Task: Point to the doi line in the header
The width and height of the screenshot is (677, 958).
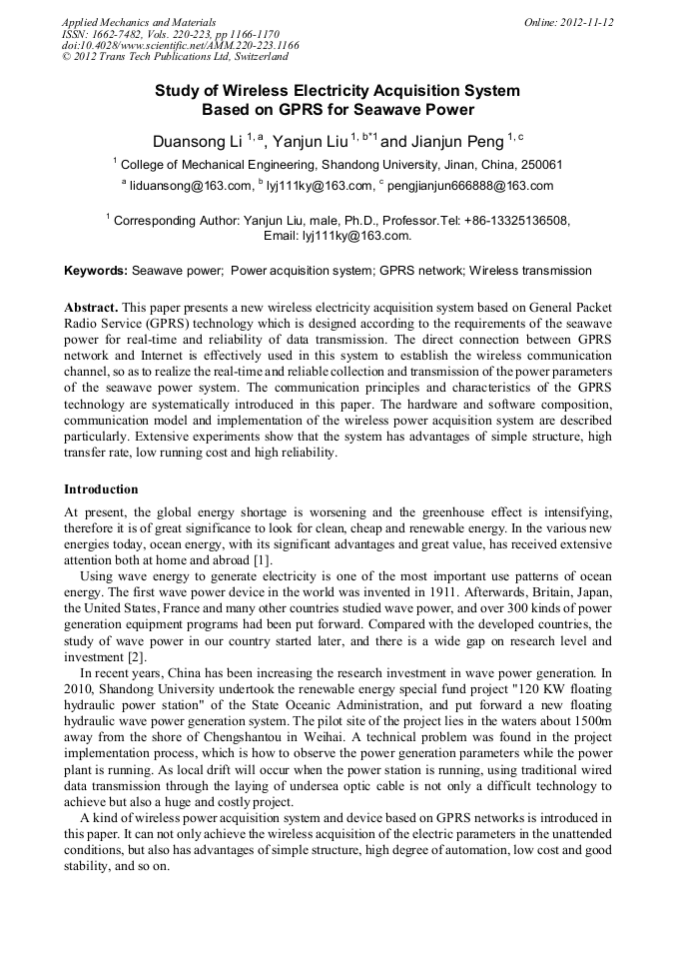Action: point(180,46)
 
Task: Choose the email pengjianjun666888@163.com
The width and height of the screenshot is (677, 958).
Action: point(469,186)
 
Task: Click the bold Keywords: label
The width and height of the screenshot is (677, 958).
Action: point(96,271)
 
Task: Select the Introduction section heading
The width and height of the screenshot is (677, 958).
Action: point(101,489)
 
